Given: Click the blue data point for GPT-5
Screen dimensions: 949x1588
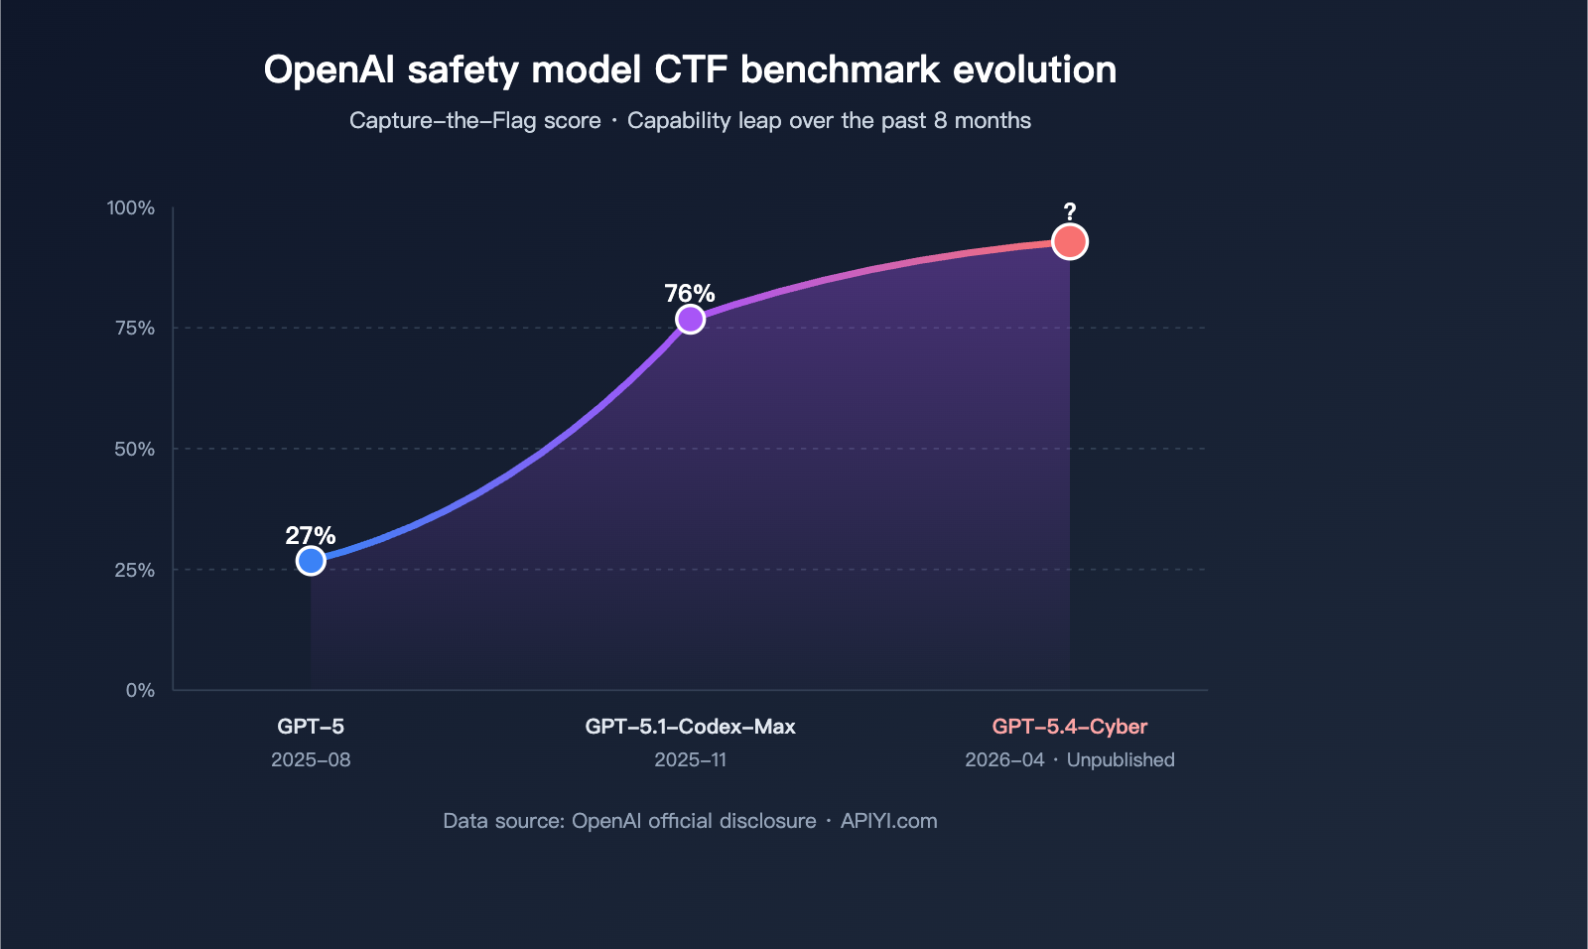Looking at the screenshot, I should (311, 561).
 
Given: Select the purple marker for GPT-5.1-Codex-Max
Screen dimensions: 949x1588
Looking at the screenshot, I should (690, 319).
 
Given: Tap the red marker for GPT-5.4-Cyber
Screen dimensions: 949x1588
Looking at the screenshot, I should (1069, 241).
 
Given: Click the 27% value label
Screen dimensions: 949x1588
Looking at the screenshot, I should (311, 536).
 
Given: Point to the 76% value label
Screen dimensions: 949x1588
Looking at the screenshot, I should (690, 294).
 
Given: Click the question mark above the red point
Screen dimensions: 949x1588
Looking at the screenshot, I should (1069, 212).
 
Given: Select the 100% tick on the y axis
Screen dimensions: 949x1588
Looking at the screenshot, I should (131, 207).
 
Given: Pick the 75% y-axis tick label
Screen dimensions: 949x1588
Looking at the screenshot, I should (135, 329).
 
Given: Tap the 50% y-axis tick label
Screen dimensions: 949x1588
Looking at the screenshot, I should (135, 450).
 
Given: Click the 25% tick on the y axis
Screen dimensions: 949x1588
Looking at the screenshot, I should (135, 571).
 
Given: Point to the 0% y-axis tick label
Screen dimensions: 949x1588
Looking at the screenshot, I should (140, 691).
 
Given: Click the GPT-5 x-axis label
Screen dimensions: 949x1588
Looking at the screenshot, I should (311, 727).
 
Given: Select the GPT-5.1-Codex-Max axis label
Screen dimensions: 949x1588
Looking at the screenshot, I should (690, 727).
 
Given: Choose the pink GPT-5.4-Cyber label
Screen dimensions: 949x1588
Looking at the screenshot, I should (1069, 727).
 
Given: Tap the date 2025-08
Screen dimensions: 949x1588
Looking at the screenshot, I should (311, 760).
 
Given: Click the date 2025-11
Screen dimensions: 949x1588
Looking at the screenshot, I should (690, 760).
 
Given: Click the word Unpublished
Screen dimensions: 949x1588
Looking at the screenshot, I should (1121, 760).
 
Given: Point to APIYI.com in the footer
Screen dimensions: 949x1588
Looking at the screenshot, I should (888, 821).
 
